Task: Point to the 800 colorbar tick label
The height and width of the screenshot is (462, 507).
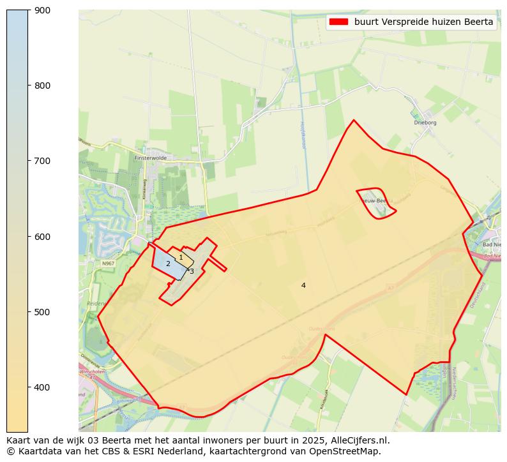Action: point(42,86)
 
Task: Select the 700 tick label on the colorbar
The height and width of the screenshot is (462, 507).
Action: point(42,161)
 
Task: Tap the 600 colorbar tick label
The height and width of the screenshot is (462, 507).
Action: point(42,237)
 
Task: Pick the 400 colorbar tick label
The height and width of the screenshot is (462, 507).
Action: point(42,387)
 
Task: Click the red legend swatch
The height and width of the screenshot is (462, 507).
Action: point(338,22)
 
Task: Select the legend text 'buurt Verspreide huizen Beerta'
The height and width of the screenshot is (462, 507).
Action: point(423,22)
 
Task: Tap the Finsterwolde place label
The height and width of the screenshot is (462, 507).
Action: point(151,157)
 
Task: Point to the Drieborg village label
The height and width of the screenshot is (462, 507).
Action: point(425,122)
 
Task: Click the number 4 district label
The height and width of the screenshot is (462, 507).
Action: point(303,285)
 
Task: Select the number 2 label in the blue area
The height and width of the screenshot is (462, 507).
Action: point(168,264)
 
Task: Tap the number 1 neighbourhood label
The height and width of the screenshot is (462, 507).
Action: point(181,257)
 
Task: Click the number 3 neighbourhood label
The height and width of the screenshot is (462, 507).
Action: point(192,271)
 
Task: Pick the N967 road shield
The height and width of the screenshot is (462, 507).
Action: point(109,263)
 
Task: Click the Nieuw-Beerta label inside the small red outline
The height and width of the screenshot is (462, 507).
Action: point(375,200)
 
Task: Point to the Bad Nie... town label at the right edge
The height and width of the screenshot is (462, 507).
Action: point(491,245)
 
